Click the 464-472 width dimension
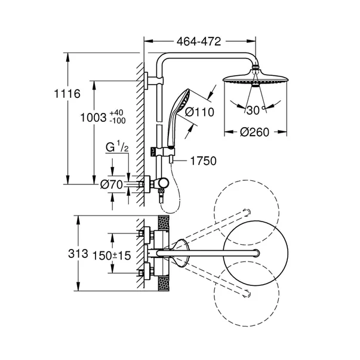[x=199, y=42]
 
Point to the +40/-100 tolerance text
[x=117, y=116]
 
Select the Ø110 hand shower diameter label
[x=198, y=111]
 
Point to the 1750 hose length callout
[x=202, y=160]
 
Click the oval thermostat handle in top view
[x=181, y=253]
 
